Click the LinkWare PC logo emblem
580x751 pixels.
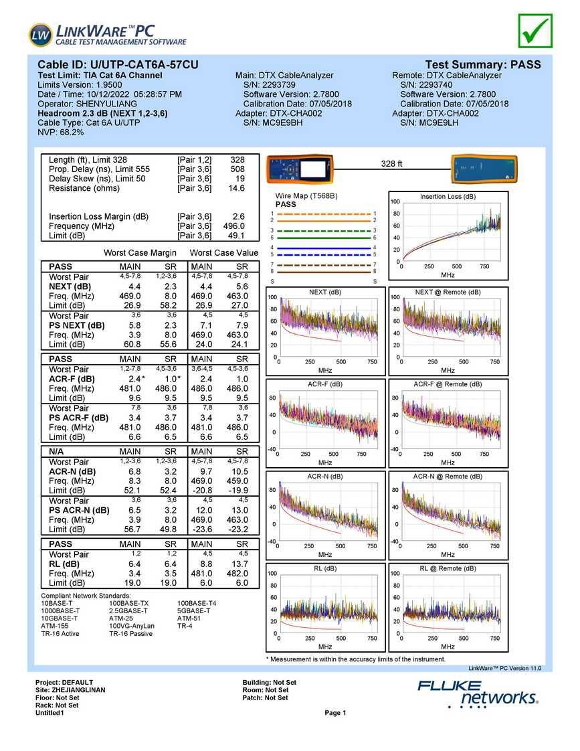point(40,35)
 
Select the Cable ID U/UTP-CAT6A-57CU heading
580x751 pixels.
point(118,65)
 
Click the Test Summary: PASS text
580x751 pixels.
point(483,65)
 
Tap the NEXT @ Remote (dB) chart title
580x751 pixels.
point(448,293)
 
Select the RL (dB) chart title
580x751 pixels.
point(325,568)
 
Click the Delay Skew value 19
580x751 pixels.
point(239,179)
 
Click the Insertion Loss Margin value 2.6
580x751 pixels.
point(238,216)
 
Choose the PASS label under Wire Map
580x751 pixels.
point(286,204)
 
